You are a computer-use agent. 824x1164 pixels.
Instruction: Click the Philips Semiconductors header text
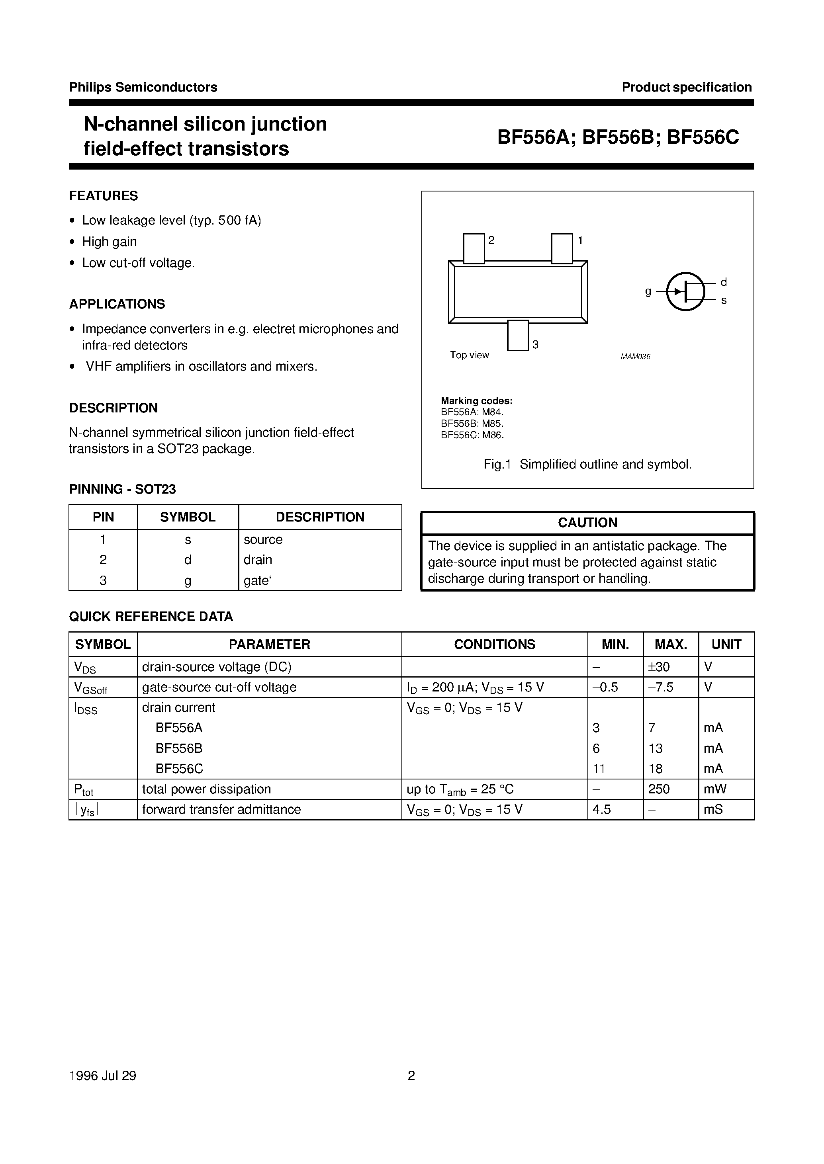[x=143, y=87]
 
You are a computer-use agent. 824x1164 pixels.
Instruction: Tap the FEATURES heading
[x=104, y=196]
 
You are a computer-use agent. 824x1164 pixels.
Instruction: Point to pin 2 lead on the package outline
[x=474, y=248]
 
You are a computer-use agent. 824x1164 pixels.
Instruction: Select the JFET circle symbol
[x=685, y=292]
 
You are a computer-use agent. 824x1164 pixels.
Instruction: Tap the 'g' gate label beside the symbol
[x=648, y=292]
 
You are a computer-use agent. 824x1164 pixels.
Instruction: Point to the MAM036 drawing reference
[x=635, y=357]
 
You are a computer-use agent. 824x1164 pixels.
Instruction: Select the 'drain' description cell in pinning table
[x=258, y=560]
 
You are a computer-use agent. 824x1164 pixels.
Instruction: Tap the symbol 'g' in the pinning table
[x=188, y=581]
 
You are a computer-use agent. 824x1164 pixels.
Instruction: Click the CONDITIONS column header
[x=494, y=644]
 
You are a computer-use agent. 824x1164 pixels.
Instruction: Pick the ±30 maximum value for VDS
[x=659, y=667]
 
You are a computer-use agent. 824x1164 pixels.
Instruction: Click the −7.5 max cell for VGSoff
[x=661, y=687]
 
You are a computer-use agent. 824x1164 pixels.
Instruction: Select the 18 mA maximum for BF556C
[x=656, y=769]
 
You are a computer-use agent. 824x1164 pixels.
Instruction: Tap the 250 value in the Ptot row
[x=659, y=789]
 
